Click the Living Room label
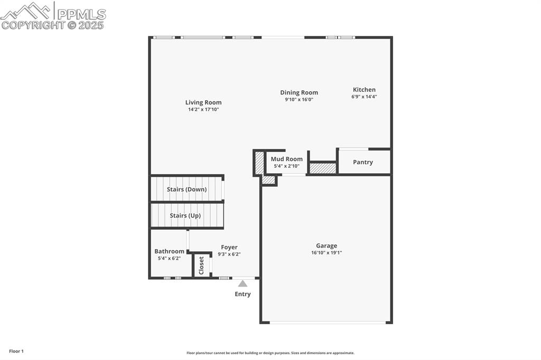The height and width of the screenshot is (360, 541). (x=203, y=102)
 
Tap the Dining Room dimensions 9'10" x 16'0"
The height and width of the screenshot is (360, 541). (x=299, y=99)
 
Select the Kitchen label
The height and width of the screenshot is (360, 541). (x=364, y=90)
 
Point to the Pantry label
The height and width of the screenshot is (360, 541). (x=363, y=162)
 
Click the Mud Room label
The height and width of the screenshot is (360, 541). (x=287, y=159)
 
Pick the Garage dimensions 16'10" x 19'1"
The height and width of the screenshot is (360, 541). (x=327, y=252)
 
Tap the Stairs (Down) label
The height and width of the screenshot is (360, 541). (x=186, y=189)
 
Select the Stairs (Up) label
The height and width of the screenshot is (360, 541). (x=185, y=215)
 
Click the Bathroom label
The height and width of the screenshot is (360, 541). (x=169, y=251)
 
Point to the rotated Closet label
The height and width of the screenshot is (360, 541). (x=201, y=266)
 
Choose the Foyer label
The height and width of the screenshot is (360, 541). (x=229, y=247)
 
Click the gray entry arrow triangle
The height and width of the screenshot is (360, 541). (x=242, y=283)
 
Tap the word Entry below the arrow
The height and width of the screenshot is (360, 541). (x=242, y=294)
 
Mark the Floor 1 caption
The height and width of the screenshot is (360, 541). (x=16, y=351)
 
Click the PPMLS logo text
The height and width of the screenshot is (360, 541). (x=81, y=14)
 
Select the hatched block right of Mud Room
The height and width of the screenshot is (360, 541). (x=323, y=168)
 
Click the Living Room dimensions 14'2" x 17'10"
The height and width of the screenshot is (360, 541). (x=203, y=109)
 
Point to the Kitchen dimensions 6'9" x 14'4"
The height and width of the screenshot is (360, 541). (x=364, y=97)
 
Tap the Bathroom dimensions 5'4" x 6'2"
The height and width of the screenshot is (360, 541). (x=169, y=258)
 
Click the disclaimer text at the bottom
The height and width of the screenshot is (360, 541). (x=270, y=353)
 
